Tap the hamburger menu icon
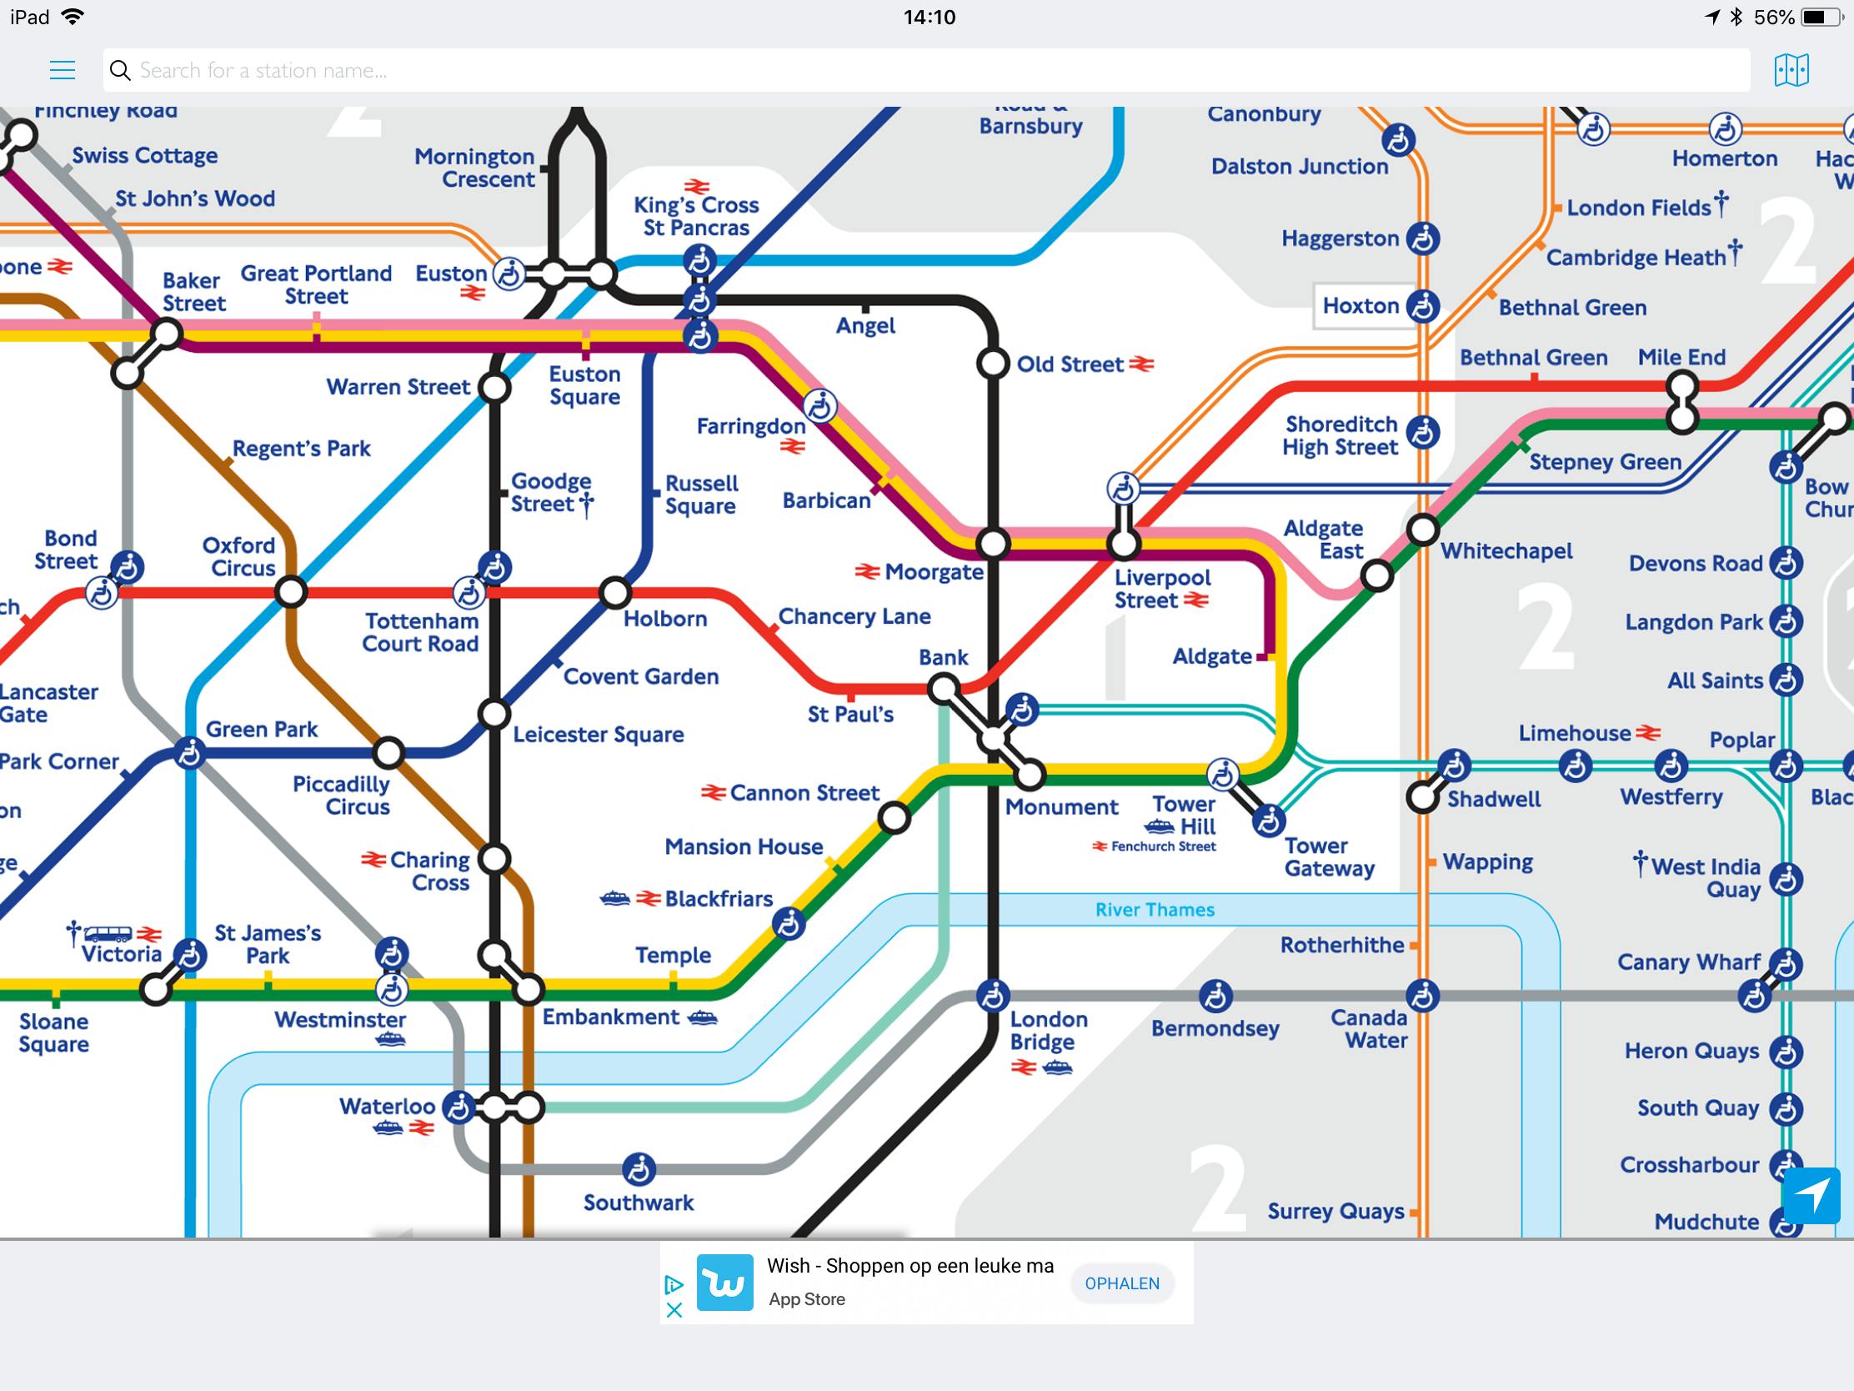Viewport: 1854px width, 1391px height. tap(62, 69)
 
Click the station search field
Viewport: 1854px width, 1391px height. tap(922, 69)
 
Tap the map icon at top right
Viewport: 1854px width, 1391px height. tap(1791, 69)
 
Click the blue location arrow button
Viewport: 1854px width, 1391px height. tap(1811, 1195)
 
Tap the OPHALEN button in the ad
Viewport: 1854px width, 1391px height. tap(1121, 1283)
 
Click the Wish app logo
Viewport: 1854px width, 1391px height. tap(724, 1282)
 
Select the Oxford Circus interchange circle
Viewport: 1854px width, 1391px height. tap(291, 592)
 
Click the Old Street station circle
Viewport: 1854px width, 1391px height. tap(992, 364)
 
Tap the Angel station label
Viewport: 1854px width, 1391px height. tap(865, 326)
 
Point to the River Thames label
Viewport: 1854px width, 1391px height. tap(1154, 910)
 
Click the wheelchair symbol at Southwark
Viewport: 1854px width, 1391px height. tap(639, 1170)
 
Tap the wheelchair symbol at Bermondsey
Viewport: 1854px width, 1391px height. tap(1215, 996)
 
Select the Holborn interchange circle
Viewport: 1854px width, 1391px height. tap(614, 592)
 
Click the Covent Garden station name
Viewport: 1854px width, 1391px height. tap(640, 676)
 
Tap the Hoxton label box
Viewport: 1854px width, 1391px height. tap(1361, 306)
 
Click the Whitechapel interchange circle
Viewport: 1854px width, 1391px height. tap(1422, 530)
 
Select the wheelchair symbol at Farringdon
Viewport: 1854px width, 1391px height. tap(819, 407)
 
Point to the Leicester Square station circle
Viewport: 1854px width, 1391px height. tap(494, 715)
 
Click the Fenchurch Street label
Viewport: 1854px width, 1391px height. tap(1163, 846)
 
